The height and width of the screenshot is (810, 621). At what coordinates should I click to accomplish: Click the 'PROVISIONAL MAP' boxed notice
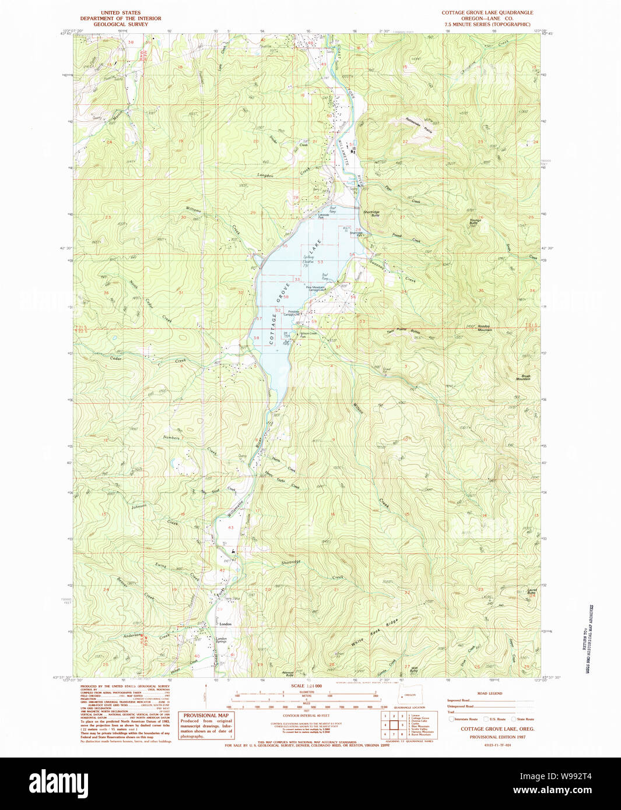[206, 715]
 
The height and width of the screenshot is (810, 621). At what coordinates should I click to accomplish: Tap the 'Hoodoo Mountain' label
[483, 328]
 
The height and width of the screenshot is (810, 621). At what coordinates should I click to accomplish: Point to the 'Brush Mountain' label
[522, 378]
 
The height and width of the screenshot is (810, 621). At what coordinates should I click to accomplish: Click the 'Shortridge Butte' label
[371, 213]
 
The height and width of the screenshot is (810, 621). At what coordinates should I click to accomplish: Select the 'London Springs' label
[221, 640]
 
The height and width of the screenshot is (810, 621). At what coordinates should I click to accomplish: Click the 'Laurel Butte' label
[531, 591]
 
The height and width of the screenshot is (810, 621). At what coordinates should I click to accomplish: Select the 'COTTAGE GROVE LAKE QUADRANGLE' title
[487, 12]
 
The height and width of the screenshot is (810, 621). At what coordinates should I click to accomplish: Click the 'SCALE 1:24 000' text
[306, 686]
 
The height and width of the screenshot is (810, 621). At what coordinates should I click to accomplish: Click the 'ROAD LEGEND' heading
[489, 693]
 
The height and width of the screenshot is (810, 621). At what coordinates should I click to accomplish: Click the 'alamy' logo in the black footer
[58, 783]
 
